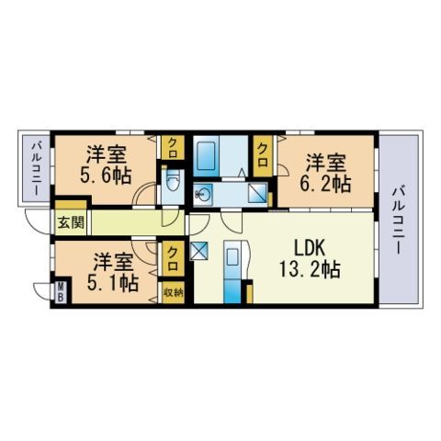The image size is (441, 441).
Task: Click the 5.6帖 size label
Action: pyautogui.click(x=106, y=175)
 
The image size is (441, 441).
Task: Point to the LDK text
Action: pyautogui.click(x=310, y=248)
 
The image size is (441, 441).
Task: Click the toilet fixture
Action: pyautogui.click(x=172, y=180)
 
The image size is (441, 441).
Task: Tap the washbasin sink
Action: pyautogui.click(x=204, y=193)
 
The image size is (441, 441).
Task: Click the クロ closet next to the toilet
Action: pyautogui.click(x=172, y=146)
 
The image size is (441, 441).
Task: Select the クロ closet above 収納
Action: pyautogui.click(x=172, y=259)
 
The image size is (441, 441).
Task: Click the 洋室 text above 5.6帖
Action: pyautogui.click(x=106, y=153)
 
